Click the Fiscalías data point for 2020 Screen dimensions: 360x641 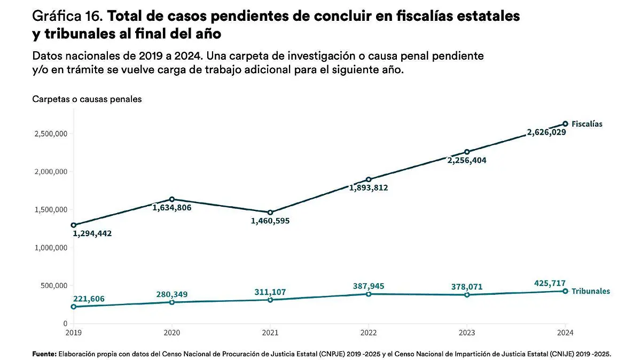click(171, 199)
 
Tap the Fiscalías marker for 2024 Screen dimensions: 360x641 click(565, 124)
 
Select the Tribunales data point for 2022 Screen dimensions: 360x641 click(369, 294)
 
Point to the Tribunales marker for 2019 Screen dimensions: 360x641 click(73, 307)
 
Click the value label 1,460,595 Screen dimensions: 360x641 click(270, 221)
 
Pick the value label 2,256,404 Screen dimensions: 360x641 click(467, 160)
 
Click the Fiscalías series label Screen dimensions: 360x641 click(587, 124)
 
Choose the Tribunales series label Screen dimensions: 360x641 click(590, 292)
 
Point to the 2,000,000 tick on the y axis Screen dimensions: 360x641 click(49, 171)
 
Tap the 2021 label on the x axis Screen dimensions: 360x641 click(270, 333)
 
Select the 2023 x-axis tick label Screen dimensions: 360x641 click(467, 333)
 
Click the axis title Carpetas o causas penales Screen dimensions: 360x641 click(87, 99)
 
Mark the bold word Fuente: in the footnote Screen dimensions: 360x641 click(44, 354)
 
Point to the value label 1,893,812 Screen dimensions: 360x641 click(369, 187)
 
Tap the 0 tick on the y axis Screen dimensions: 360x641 click(65, 324)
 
